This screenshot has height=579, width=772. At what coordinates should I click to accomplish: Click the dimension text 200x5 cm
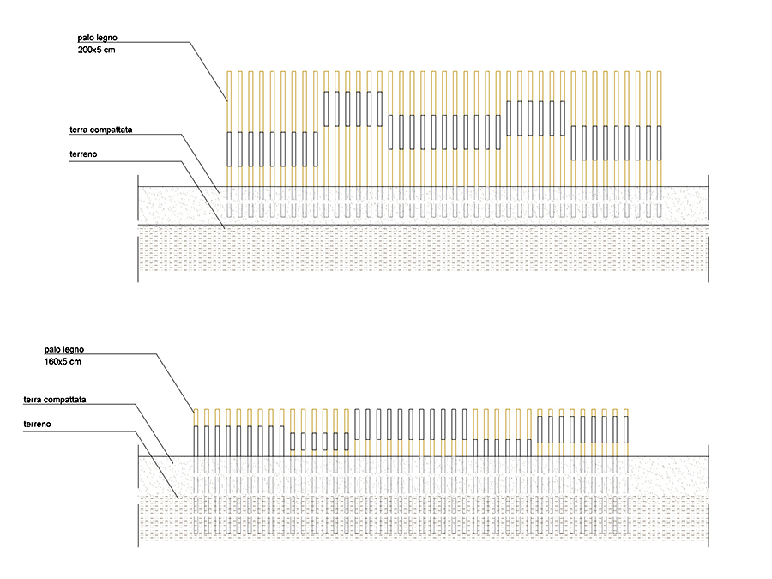(96, 50)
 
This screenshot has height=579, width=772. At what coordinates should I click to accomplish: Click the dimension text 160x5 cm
(63, 361)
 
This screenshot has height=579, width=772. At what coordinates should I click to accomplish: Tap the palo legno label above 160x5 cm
(64, 350)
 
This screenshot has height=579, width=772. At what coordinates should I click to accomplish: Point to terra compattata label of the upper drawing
(101, 130)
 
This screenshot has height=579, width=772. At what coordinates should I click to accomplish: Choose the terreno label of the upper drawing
(83, 154)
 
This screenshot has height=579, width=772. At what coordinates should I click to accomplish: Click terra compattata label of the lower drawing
(55, 400)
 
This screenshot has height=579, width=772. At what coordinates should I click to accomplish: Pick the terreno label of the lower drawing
(38, 424)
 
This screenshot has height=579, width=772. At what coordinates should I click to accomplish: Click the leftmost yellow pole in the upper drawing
(229, 129)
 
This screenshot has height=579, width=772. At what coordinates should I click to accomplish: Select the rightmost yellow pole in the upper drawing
(660, 129)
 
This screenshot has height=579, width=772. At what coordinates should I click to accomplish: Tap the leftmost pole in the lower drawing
(196, 433)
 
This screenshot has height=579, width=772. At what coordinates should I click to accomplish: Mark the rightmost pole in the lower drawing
(626, 433)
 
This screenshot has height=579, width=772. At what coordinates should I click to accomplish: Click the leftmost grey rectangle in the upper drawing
(229, 149)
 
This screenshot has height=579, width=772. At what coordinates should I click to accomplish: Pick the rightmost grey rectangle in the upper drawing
(660, 142)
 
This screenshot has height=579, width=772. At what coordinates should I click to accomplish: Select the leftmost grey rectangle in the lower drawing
(196, 441)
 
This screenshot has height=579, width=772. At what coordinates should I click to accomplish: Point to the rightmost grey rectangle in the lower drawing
(626, 430)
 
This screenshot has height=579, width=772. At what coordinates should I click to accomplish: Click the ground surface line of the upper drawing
(423, 187)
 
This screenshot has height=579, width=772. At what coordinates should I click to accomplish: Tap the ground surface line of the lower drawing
(423, 457)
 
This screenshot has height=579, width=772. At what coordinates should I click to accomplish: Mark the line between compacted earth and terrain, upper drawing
(423, 225)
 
